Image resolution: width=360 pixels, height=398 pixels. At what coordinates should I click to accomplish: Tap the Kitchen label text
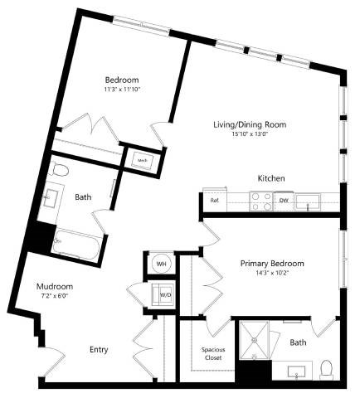271,178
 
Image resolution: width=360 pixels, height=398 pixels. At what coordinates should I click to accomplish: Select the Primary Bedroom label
272,263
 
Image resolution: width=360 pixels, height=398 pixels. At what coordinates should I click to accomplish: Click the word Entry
98,349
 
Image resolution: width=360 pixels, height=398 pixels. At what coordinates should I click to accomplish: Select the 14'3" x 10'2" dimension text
272,273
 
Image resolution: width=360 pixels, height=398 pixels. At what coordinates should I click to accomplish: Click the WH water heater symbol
161,263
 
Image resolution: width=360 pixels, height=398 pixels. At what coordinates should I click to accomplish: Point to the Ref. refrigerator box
214,200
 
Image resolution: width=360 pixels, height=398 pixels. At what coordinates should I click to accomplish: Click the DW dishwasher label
284,200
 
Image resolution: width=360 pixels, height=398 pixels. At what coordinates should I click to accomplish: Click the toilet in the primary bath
326,366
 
